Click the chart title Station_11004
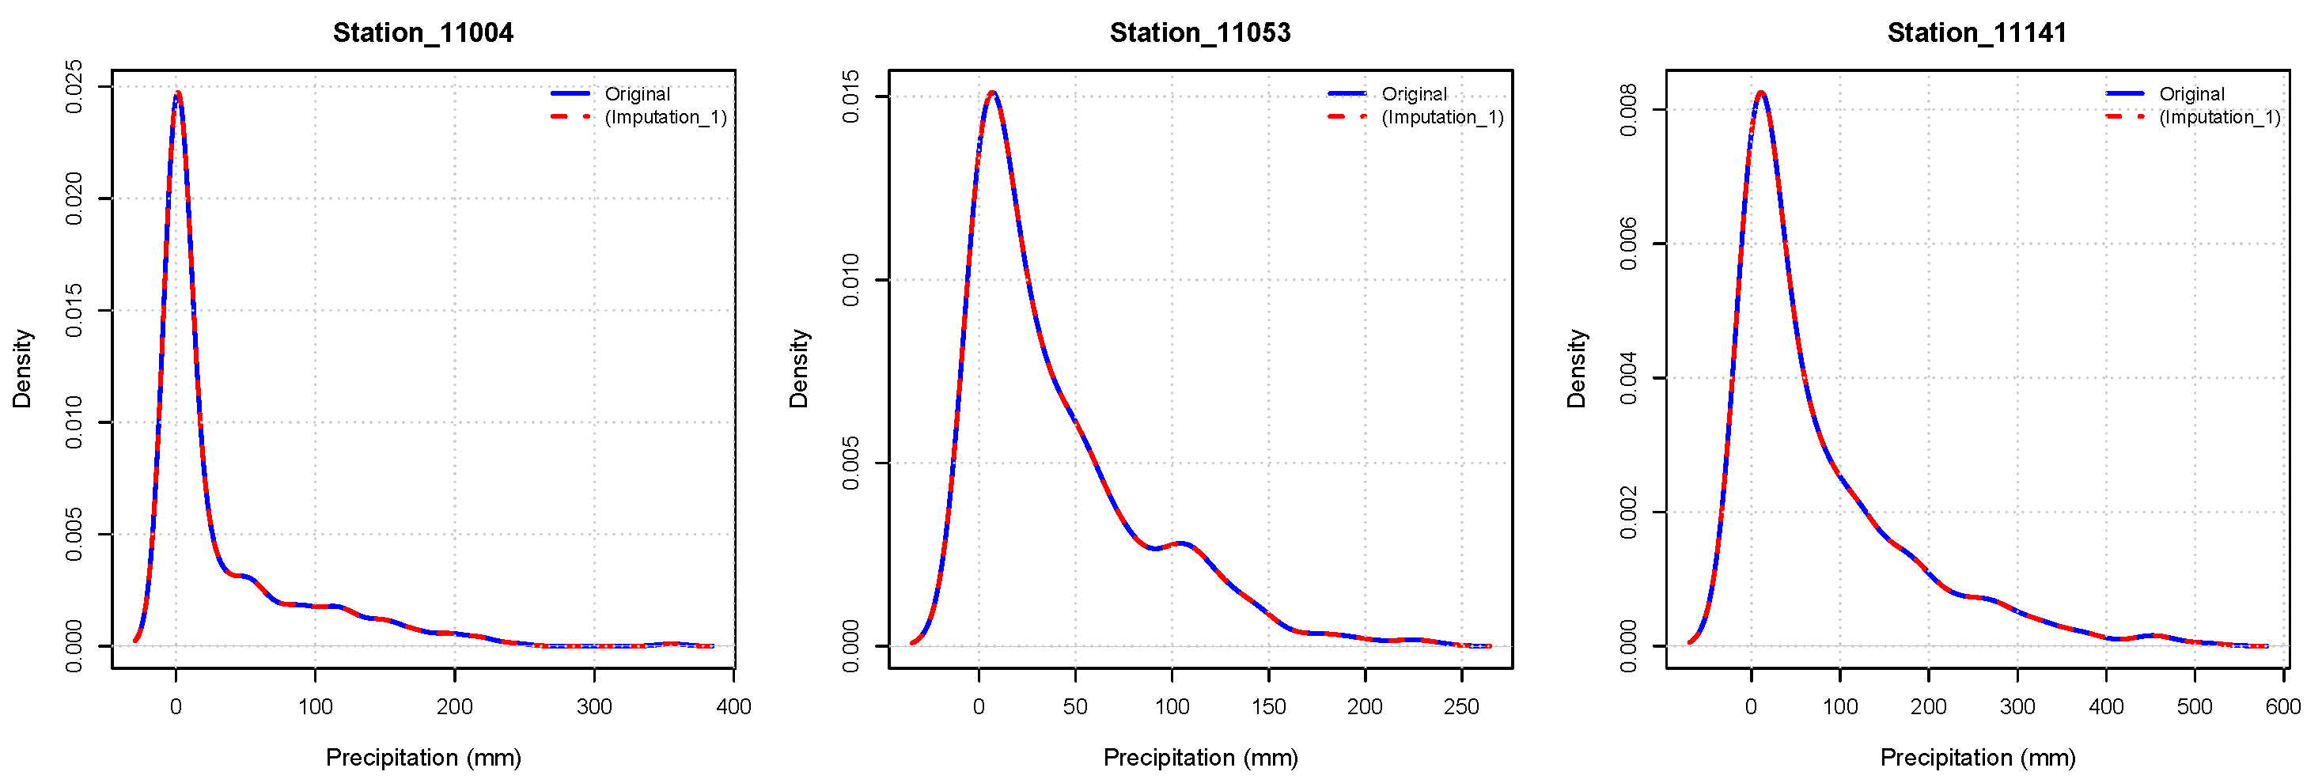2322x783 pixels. (x=422, y=32)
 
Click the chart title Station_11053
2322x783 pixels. (x=1199, y=32)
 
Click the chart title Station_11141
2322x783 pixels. (x=1977, y=32)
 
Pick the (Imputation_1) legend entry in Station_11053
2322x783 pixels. (x=1441, y=117)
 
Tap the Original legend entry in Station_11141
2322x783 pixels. (x=2191, y=93)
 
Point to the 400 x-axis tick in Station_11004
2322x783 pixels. (x=733, y=706)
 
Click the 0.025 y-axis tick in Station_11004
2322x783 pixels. (x=74, y=88)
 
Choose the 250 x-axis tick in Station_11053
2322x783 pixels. (x=1461, y=706)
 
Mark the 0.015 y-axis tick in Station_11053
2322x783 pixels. (x=851, y=96)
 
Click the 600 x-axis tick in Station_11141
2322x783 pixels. (x=2282, y=706)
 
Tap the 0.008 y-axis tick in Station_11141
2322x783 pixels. (x=1628, y=110)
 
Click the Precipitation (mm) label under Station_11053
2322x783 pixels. (x=1199, y=757)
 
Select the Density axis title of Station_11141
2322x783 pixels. (x=1576, y=369)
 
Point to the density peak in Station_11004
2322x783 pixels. (x=179, y=93)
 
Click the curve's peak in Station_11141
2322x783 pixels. (x=1760, y=93)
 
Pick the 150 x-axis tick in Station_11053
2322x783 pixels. (x=1268, y=706)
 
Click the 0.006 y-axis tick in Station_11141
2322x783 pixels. (x=1628, y=244)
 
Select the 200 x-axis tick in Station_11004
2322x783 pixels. (x=454, y=706)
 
